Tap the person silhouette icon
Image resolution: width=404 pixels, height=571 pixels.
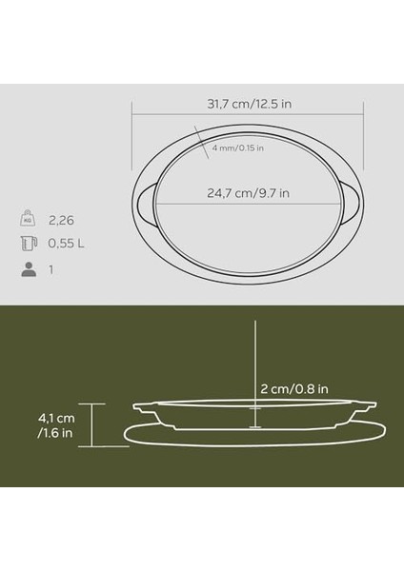tap(28, 270)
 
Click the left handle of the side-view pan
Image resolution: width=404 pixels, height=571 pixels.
tap(143, 408)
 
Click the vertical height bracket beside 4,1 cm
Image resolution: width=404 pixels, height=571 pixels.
tap(91, 424)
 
